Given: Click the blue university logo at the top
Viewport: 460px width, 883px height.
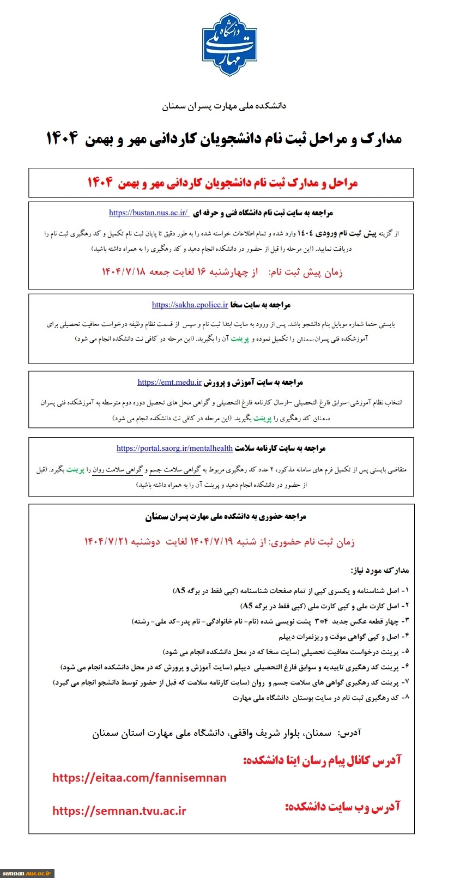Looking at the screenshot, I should coord(229,45).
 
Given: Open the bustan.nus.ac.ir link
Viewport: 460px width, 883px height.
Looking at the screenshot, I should coord(149,213).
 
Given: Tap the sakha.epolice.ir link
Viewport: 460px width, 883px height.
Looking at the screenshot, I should coord(190,305).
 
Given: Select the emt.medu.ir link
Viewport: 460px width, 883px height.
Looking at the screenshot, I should coord(170,382).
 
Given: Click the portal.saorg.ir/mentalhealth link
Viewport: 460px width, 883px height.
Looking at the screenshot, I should coord(174,448).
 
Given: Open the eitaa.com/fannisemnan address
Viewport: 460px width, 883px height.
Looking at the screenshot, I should coord(140,778).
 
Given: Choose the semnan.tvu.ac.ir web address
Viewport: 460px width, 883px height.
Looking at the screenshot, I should coord(119,811).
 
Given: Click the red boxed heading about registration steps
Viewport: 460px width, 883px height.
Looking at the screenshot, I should coord(222,183).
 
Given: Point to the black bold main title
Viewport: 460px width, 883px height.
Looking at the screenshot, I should coord(223,138).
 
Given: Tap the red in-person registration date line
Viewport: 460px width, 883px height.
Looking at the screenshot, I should coord(219,541).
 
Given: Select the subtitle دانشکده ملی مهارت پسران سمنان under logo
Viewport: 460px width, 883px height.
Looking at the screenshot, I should coord(223,106).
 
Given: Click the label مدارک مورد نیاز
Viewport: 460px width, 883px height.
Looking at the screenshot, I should coord(379,570).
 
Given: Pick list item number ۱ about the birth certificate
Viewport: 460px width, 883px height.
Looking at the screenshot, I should coord(290,590).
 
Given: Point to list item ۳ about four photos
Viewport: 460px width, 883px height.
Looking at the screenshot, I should coord(270,621).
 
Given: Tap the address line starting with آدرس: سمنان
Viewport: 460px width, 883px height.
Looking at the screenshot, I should coord(226,733).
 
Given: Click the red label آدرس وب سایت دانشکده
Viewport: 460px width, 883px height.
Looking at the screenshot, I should coord(342,807).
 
